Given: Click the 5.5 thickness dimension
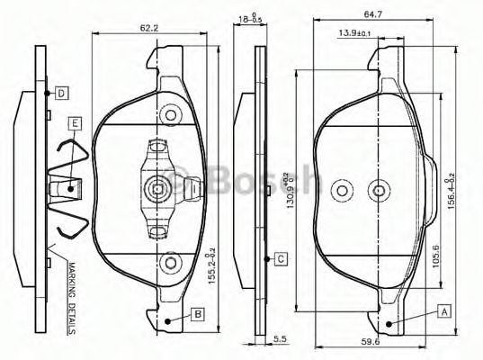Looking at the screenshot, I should pos(281,338).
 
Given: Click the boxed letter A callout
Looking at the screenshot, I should pos(443,310).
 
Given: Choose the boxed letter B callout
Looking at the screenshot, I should pos(196,314).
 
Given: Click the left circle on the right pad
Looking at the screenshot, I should pos(341,191).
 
